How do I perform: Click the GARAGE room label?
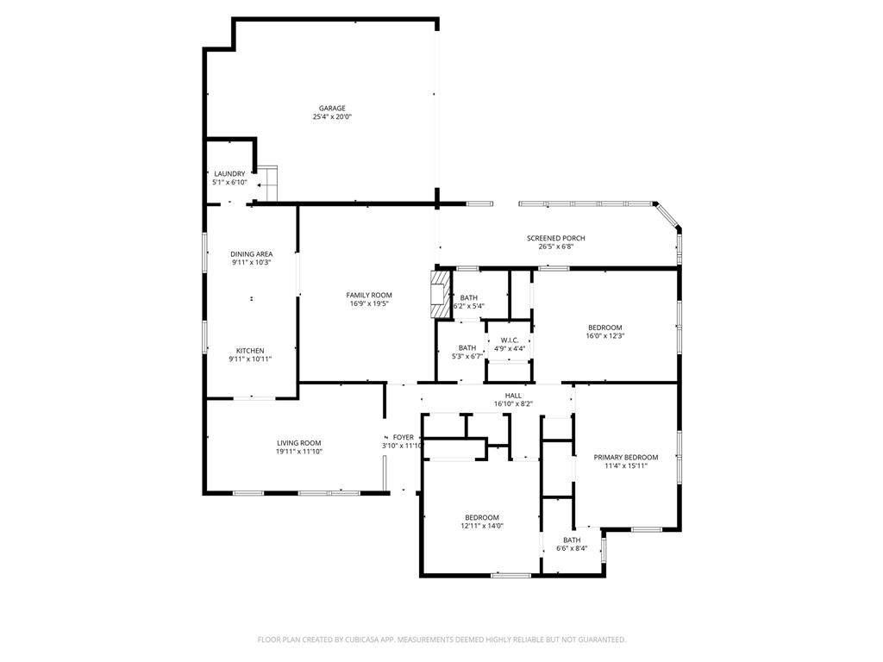click(x=332, y=109)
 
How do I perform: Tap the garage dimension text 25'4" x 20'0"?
click(x=332, y=117)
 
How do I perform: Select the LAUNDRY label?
click(x=229, y=174)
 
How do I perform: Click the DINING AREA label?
click(x=251, y=254)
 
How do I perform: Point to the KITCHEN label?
click(x=250, y=351)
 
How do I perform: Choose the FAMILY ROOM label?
click(x=369, y=296)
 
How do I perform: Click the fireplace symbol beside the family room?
click(x=441, y=294)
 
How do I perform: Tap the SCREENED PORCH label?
click(x=556, y=238)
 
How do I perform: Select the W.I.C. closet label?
click(x=509, y=340)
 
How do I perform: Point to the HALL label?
click(x=513, y=396)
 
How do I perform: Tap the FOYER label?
click(x=403, y=438)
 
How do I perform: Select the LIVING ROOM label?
click(x=298, y=443)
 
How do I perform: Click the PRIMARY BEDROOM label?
click(x=625, y=458)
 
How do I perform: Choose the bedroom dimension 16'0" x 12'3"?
click(x=604, y=336)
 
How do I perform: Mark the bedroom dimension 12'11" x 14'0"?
click(x=481, y=526)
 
